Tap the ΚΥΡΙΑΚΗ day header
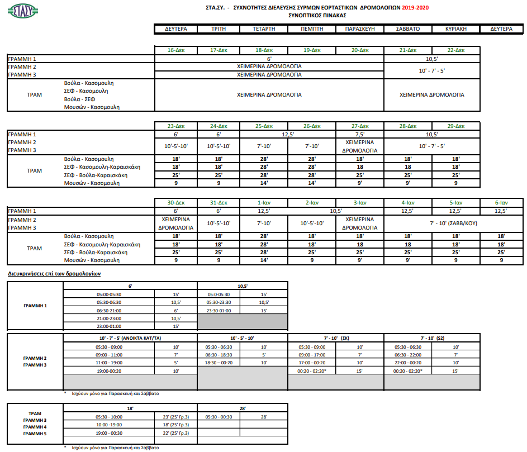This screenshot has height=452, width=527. (456, 28)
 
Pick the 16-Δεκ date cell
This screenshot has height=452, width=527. (176, 50)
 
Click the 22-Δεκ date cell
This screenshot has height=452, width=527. (456, 50)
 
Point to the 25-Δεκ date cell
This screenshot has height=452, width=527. (264, 126)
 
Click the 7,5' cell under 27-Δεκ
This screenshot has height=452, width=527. (360, 134)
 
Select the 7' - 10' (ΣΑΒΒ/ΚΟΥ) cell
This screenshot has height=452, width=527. (455, 223)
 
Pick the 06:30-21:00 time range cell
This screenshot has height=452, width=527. (109, 310)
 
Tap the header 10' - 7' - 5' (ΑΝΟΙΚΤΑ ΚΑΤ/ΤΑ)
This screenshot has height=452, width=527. (131, 338)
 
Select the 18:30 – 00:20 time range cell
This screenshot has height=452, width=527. (220, 362)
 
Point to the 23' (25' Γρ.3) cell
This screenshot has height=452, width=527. (175, 416)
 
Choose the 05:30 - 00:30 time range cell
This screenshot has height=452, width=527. (220, 416)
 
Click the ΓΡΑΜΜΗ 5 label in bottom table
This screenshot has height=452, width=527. (35, 434)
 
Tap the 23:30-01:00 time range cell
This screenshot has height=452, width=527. (219, 310)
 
